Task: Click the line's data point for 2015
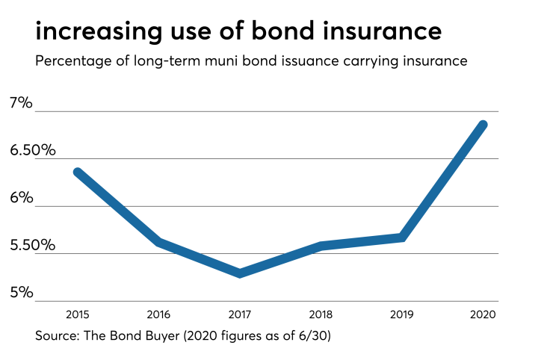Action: (x=78, y=172)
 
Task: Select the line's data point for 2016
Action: (x=159, y=242)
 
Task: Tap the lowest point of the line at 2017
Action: (x=240, y=273)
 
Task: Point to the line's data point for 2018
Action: (x=321, y=246)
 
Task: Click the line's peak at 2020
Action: (x=483, y=125)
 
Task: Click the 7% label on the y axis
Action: (x=22, y=103)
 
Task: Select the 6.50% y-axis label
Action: (x=31, y=150)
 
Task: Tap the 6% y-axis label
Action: (x=22, y=198)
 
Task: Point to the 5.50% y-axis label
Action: (x=31, y=245)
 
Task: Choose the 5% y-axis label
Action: (x=22, y=292)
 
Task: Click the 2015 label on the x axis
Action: (x=78, y=314)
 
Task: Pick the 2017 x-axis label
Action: (x=240, y=314)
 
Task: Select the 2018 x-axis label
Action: (x=321, y=314)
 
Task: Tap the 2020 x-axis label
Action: (x=483, y=314)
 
